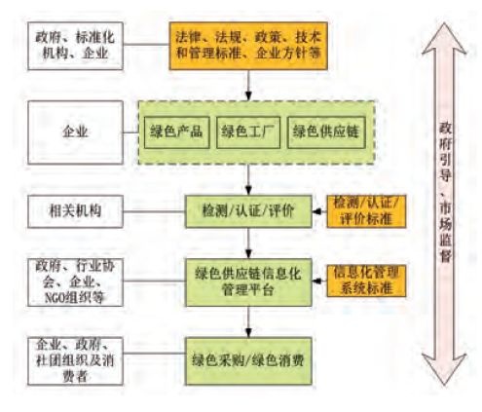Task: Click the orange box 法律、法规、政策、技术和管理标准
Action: (x=249, y=45)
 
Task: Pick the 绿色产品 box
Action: (x=176, y=131)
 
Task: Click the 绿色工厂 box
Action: (x=246, y=131)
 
